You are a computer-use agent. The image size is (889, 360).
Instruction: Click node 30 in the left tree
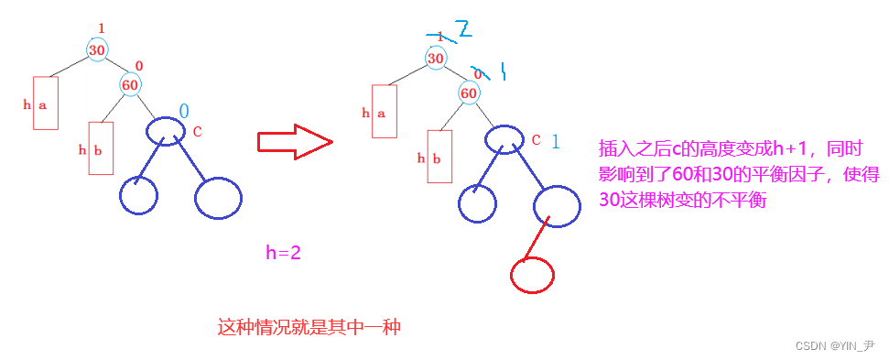point(97,49)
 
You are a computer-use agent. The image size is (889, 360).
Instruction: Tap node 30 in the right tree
point(438,58)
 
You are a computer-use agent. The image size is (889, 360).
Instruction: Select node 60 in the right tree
point(469,93)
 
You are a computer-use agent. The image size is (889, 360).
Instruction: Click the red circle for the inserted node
point(531,273)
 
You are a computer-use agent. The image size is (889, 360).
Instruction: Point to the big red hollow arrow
point(293,142)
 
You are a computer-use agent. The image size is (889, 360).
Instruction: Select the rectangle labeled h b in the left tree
point(100,148)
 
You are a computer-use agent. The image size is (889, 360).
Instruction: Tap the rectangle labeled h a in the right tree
point(384,111)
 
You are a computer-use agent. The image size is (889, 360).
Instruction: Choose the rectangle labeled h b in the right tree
point(440,157)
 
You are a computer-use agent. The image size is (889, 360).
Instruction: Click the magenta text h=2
point(283,253)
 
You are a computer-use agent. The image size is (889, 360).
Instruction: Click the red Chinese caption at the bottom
point(309,326)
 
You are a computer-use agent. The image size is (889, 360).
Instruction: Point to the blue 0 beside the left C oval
point(184,111)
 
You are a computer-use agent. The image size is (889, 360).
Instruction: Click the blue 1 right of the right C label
point(557,142)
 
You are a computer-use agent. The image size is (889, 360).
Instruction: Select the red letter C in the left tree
point(197,132)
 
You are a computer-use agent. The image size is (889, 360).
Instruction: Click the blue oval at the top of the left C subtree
point(165,130)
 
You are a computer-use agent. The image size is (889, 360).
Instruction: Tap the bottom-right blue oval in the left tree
point(217,198)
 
